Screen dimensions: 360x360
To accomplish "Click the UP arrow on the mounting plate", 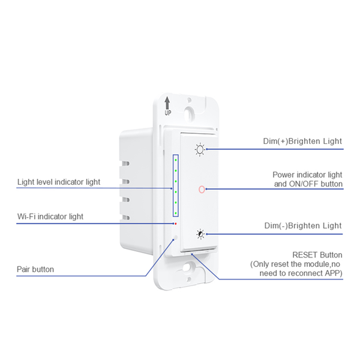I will pyautogui.click(x=167, y=104).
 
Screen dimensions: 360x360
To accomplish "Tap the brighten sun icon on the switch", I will pyautogui.click(x=200, y=149).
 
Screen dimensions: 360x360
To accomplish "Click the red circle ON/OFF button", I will pyautogui.click(x=200, y=190).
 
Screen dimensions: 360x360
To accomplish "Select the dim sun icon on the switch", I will pyautogui.click(x=200, y=234).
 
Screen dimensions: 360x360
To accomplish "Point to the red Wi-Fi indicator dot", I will pyautogui.click(x=175, y=224).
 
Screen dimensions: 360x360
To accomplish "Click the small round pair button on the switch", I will pyautogui.click(x=175, y=238).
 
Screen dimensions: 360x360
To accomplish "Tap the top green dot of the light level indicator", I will pyautogui.click(x=175, y=160).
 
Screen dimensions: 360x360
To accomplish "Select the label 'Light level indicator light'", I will pyautogui.click(x=58, y=182).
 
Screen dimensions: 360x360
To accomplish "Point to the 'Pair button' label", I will pyautogui.click(x=35, y=269).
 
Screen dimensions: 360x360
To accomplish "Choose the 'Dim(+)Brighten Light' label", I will pyautogui.click(x=303, y=142).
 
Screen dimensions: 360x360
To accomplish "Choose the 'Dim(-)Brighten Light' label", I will pyautogui.click(x=303, y=226).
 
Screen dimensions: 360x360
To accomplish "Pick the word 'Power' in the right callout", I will pyautogui.click(x=284, y=175).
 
